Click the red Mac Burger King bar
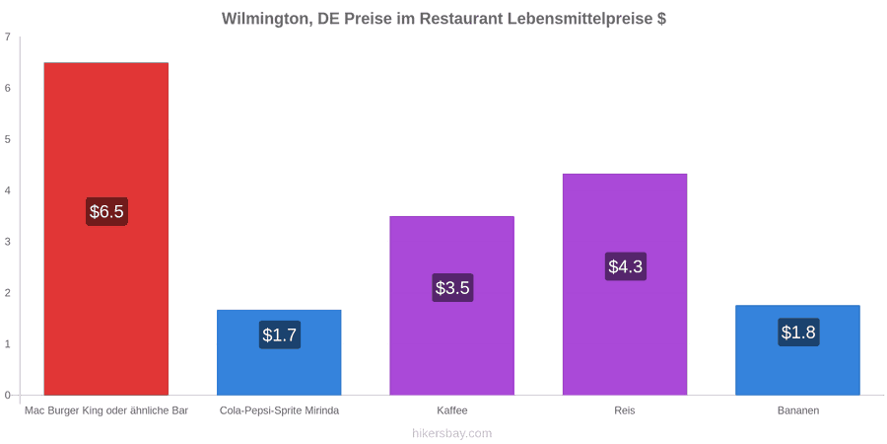click(x=106, y=229)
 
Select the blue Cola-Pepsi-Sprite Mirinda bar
click(x=279, y=352)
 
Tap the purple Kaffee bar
click(x=452, y=306)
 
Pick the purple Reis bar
click(x=625, y=284)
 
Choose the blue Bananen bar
click(x=797, y=350)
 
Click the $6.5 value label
click(x=106, y=212)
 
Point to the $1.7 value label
click(x=280, y=334)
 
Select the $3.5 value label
click(x=452, y=288)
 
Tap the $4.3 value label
click(x=625, y=266)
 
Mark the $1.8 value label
click(x=798, y=333)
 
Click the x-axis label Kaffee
click(x=452, y=410)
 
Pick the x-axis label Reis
click(x=625, y=410)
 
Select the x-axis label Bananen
click(x=797, y=410)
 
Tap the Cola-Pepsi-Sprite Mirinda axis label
click(x=280, y=410)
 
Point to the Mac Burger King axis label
click(x=106, y=410)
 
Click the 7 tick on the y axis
click(x=7, y=37)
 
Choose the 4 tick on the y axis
click(x=7, y=190)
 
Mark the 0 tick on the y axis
click(x=7, y=396)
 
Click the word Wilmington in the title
click(x=266, y=20)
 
